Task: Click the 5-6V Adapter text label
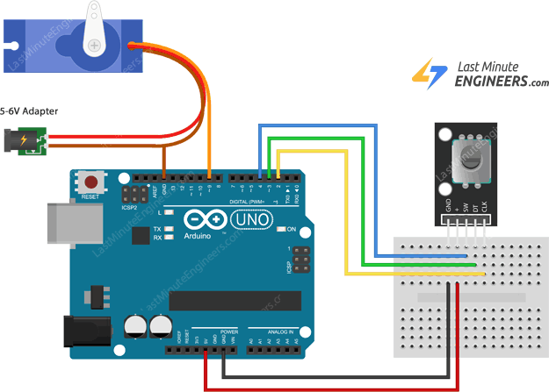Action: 30,111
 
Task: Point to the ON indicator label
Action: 293,230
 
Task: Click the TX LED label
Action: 157,228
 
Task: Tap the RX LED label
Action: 157,238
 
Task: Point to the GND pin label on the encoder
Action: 449,208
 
